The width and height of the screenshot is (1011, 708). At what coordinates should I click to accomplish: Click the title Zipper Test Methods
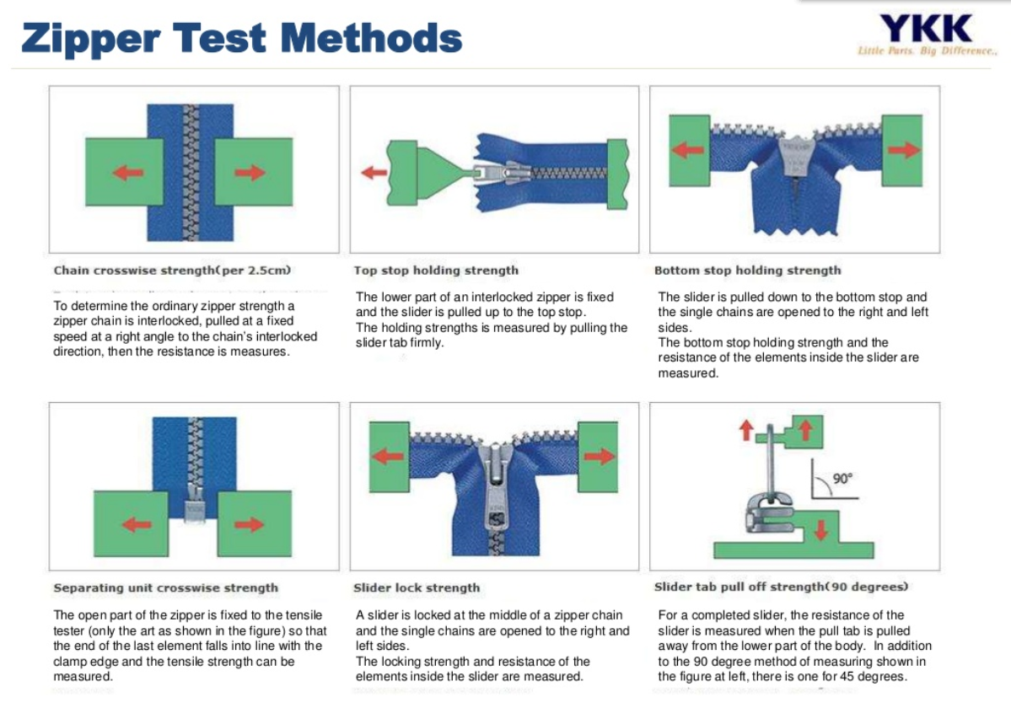[242, 38]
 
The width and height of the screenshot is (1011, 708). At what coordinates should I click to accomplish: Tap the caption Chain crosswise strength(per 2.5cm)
[172, 271]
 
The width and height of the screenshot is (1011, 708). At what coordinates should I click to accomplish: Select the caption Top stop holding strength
[436, 271]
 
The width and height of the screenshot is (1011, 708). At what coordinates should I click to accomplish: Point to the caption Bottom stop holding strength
[747, 271]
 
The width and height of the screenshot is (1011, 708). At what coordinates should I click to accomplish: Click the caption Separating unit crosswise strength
[165, 587]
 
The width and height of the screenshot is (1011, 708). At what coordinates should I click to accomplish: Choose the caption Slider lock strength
[417, 587]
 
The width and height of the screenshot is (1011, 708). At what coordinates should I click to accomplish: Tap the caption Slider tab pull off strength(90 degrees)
[781, 587]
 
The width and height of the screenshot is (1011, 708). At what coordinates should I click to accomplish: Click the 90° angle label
[842, 478]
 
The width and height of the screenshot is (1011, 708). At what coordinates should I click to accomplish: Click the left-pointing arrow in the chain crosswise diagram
[127, 173]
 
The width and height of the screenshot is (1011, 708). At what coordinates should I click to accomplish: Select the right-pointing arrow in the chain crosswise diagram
[250, 173]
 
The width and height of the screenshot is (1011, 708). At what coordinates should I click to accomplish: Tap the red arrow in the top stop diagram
[374, 173]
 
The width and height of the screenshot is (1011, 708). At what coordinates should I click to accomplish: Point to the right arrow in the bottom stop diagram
[903, 150]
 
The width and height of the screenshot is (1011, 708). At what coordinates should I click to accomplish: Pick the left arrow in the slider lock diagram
[387, 456]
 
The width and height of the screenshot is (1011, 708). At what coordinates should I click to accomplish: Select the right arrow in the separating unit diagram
[249, 524]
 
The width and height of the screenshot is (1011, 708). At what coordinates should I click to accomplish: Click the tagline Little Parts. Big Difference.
[927, 51]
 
